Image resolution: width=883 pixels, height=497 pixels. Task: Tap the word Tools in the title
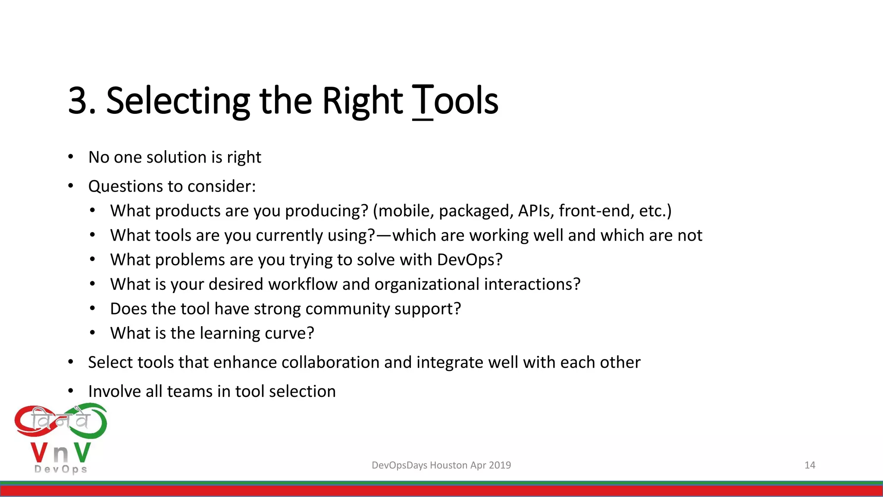(x=455, y=101)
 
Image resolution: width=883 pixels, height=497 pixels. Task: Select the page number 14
(x=810, y=465)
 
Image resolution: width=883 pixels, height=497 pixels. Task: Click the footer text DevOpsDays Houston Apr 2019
(x=441, y=465)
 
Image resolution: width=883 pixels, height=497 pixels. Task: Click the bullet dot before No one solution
(x=71, y=157)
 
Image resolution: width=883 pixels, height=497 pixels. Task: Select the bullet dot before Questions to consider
(x=71, y=186)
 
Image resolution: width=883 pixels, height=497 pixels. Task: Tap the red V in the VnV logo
(x=39, y=453)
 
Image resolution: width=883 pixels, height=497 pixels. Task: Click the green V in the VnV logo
(x=82, y=453)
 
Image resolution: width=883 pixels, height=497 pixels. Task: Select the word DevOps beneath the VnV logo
(x=61, y=469)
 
